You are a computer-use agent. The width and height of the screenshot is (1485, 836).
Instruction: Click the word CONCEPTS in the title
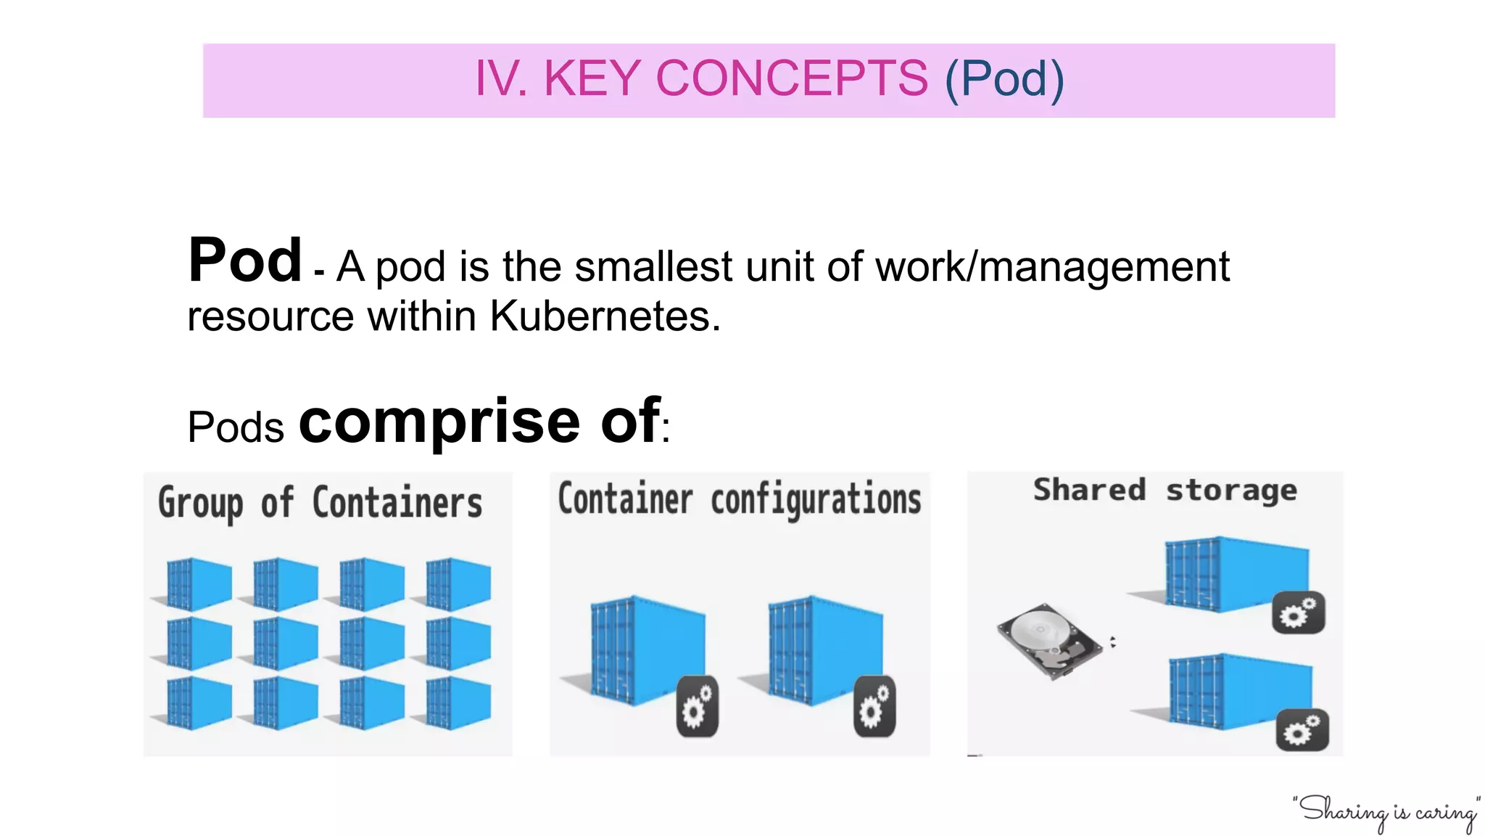[x=791, y=78]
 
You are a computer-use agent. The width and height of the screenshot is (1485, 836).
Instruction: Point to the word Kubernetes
[x=605, y=316]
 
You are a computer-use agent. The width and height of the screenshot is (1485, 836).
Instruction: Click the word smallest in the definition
[x=653, y=266]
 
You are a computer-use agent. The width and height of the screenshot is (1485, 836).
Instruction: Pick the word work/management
[x=1052, y=267]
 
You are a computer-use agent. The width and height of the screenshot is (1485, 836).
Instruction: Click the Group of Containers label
[x=320, y=503]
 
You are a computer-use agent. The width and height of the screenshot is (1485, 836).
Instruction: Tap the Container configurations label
[x=739, y=500]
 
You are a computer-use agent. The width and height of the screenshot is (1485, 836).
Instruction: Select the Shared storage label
[x=1165, y=491]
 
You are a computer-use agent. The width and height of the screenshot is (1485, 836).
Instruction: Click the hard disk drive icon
[x=1048, y=641]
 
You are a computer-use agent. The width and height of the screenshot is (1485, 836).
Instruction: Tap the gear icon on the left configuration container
[x=698, y=706]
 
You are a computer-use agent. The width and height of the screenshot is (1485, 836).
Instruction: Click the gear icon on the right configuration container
[x=874, y=706]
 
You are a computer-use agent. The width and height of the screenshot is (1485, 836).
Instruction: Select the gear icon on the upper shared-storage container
[x=1298, y=613]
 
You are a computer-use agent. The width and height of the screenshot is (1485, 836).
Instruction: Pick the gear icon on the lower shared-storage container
[x=1302, y=729]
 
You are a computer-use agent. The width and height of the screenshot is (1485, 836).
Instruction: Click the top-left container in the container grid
[x=197, y=583]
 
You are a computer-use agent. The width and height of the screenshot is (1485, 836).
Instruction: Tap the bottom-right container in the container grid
[x=457, y=702]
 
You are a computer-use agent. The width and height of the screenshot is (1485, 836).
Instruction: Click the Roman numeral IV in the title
[x=499, y=78]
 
